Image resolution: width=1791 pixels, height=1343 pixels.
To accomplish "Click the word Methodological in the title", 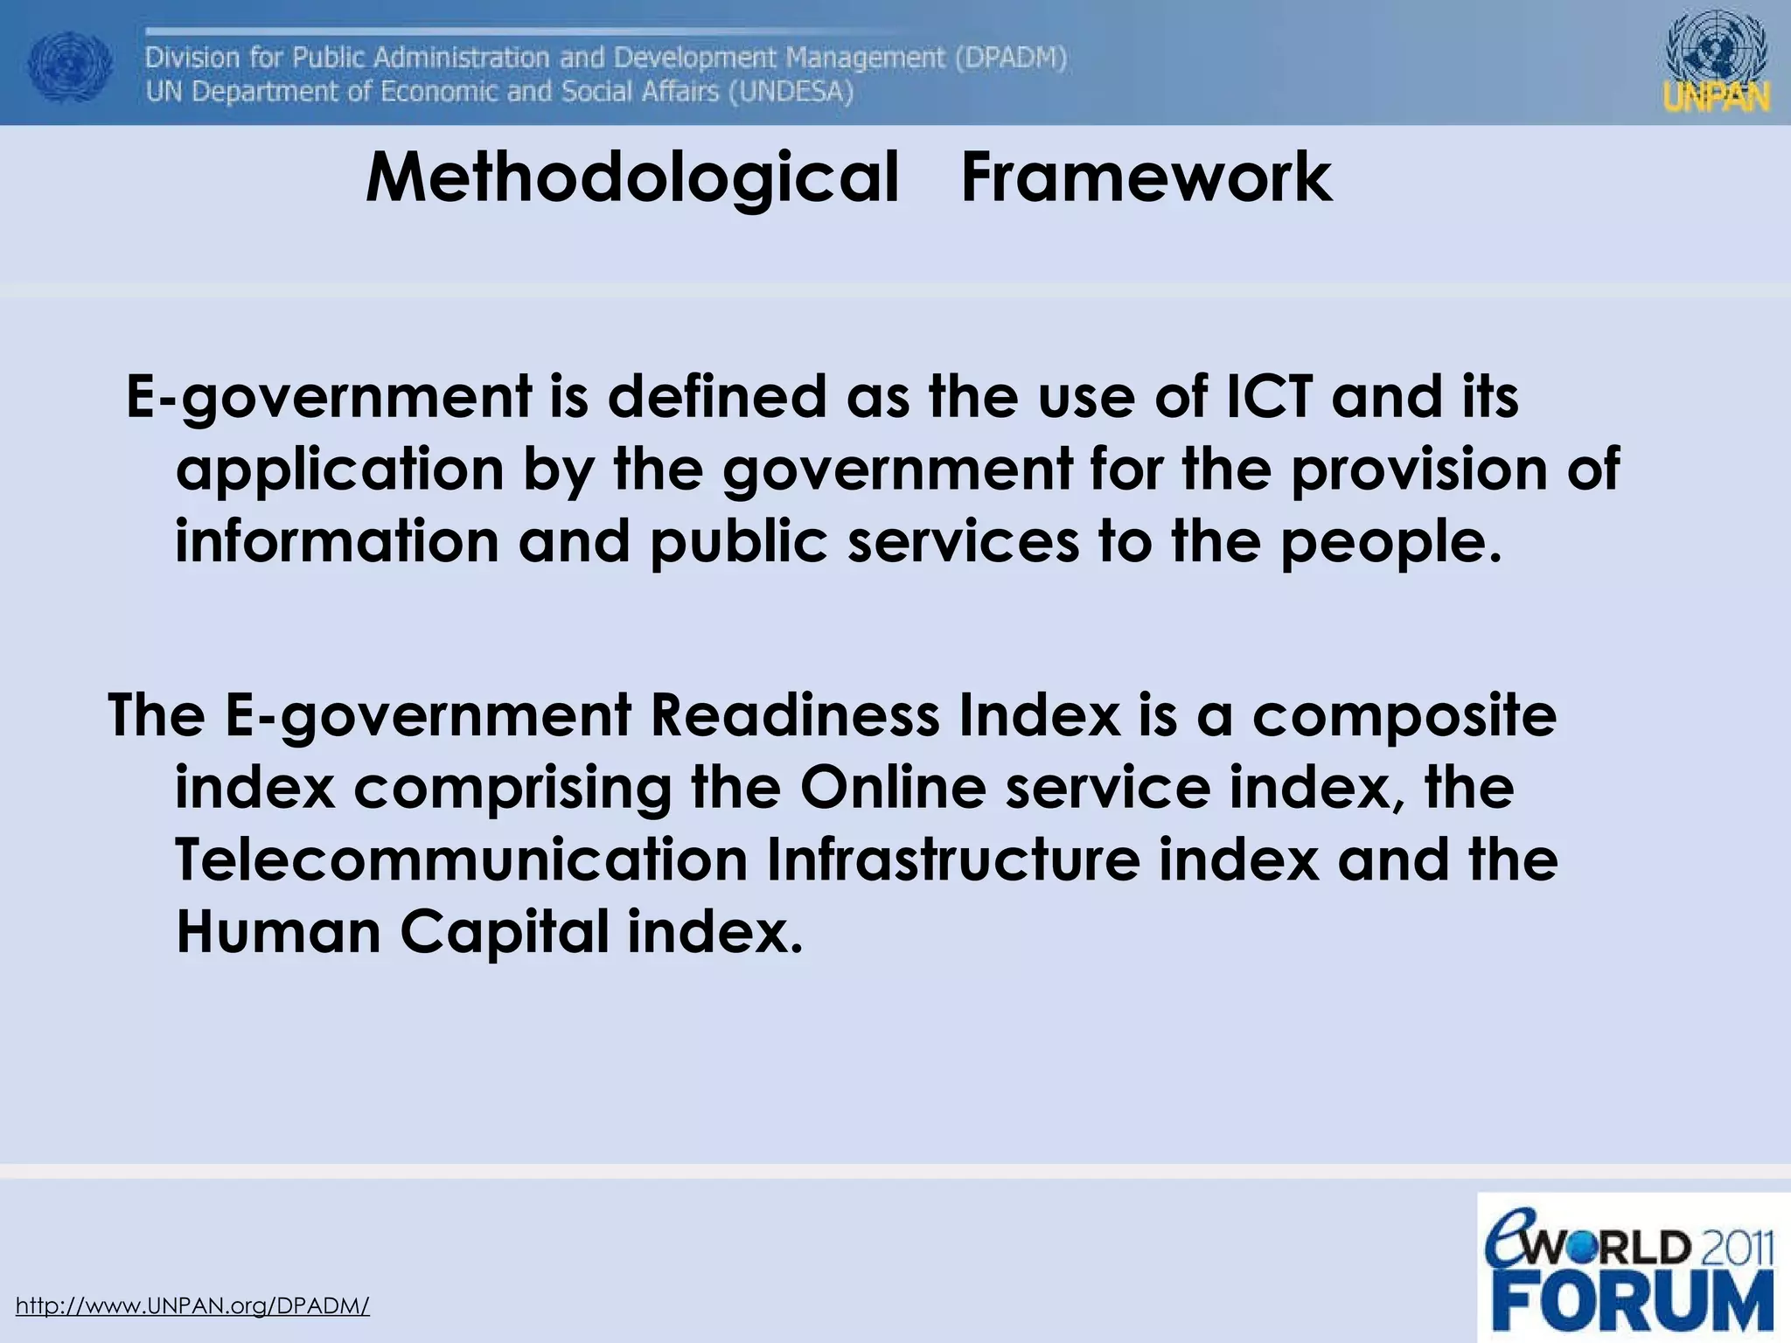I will pyautogui.click(x=631, y=178).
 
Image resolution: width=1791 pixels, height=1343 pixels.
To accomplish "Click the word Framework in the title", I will pyautogui.click(x=1146, y=177).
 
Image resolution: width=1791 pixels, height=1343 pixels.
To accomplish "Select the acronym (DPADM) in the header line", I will pyautogui.click(x=1011, y=58).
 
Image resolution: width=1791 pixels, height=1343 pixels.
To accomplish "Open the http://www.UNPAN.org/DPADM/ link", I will pyautogui.click(x=192, y=1305).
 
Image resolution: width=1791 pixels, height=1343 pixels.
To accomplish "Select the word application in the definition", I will pyautogui.click(x=339, y=470).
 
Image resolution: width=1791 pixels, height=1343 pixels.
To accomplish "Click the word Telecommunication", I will pyautogui.click(x=461, y=860).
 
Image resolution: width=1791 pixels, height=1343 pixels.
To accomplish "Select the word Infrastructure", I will pyautogui.click(x=953, y=860).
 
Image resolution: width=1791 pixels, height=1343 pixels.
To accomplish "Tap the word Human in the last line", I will pyautogui.click(x=278, y=932).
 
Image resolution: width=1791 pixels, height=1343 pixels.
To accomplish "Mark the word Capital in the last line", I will pyautogui.click(x=505, y=934).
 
